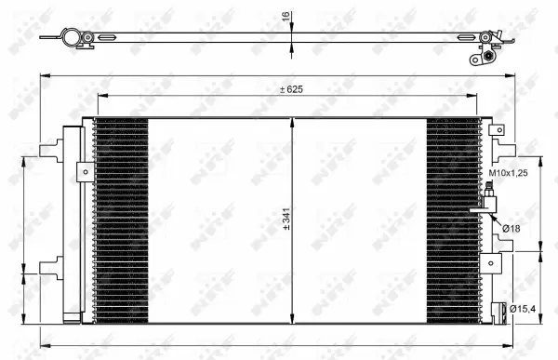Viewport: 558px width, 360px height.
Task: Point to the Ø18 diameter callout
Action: (511, 228)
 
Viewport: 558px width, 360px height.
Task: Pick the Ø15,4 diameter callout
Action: (523, 308)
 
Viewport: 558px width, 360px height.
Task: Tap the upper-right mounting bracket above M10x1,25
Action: (503, 149)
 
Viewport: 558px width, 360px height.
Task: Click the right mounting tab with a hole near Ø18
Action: (487, 261)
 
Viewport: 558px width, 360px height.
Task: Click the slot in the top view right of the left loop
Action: (108, 39)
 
